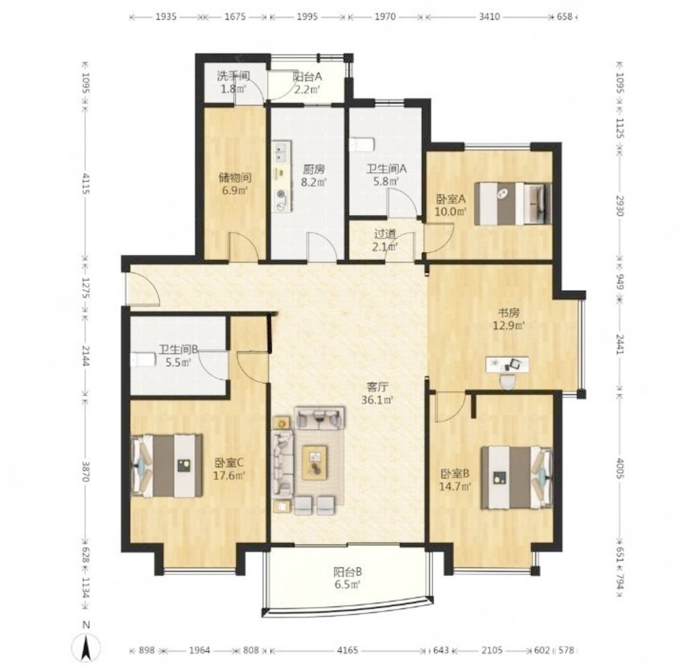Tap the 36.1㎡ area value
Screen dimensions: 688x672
(377, 401)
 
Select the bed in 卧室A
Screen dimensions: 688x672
(513, 204)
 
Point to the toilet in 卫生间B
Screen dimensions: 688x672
(143, 360)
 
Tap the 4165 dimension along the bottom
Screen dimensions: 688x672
(347, 650)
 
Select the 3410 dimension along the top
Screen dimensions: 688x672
(489, 17)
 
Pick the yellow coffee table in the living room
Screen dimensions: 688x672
(314, 462)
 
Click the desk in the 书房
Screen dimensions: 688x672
(507, 364)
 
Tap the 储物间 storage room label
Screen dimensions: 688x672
(235, 178)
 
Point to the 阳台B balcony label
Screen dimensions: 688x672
(347, 572)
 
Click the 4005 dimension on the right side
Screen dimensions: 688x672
(619, 469)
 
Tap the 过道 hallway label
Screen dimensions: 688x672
(385, 235)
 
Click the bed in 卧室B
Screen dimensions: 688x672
(517, 478)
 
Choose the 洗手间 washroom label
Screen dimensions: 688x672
(233, 76)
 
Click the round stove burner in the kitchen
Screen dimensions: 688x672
(282, 194)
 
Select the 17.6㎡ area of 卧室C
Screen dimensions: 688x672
(229, 475)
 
